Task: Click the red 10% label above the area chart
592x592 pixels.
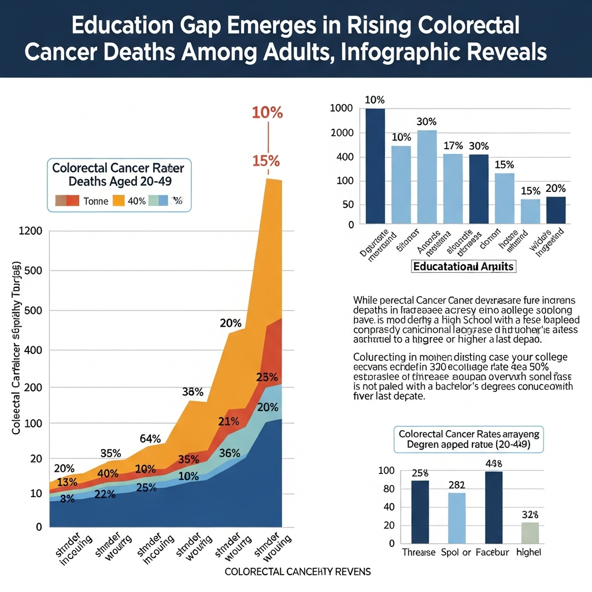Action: [x=267, y=113]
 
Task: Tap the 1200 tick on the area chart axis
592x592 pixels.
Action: [x=31, y=231]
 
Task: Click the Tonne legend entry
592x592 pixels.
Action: [x=95, y=201]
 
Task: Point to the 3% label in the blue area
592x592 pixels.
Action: [x=67, y=499]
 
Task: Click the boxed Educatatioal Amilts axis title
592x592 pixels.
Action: [x=464, y=267]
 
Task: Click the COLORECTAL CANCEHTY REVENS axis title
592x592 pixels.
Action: [x=298, y=571]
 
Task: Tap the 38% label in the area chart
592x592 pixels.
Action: [x=193, y=391]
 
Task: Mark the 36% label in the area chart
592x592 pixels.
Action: [x=230, y=453]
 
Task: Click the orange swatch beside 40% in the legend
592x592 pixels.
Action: [x=119, y=201]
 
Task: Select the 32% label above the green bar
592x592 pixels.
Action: [x=530, y=514]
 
